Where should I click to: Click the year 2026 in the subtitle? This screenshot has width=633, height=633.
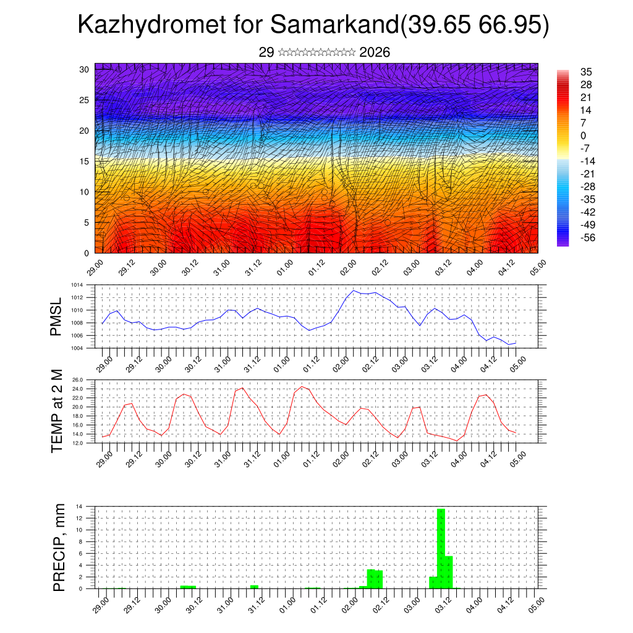[x=375, y=53]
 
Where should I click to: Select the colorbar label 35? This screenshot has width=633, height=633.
[x=587, y=72]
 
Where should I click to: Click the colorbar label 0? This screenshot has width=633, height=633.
[x=583, y=135]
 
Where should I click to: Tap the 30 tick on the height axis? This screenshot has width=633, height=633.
[x=85, y=69]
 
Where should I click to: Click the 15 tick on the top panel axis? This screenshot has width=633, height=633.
[x=85, y=161]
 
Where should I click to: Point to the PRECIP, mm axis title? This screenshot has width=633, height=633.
[x=58, y=547]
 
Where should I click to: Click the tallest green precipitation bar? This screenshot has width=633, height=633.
[x=441, y=548]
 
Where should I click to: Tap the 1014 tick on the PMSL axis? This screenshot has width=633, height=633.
[x=77, y=285]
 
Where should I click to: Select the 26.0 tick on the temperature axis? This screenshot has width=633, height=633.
[x=77, y=380]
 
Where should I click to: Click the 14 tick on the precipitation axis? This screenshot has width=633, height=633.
[x=80, y=506]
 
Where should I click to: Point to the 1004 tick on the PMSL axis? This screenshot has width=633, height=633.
[x=77, y=348]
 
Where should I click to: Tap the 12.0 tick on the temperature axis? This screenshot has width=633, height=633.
[x=77, y=443]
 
